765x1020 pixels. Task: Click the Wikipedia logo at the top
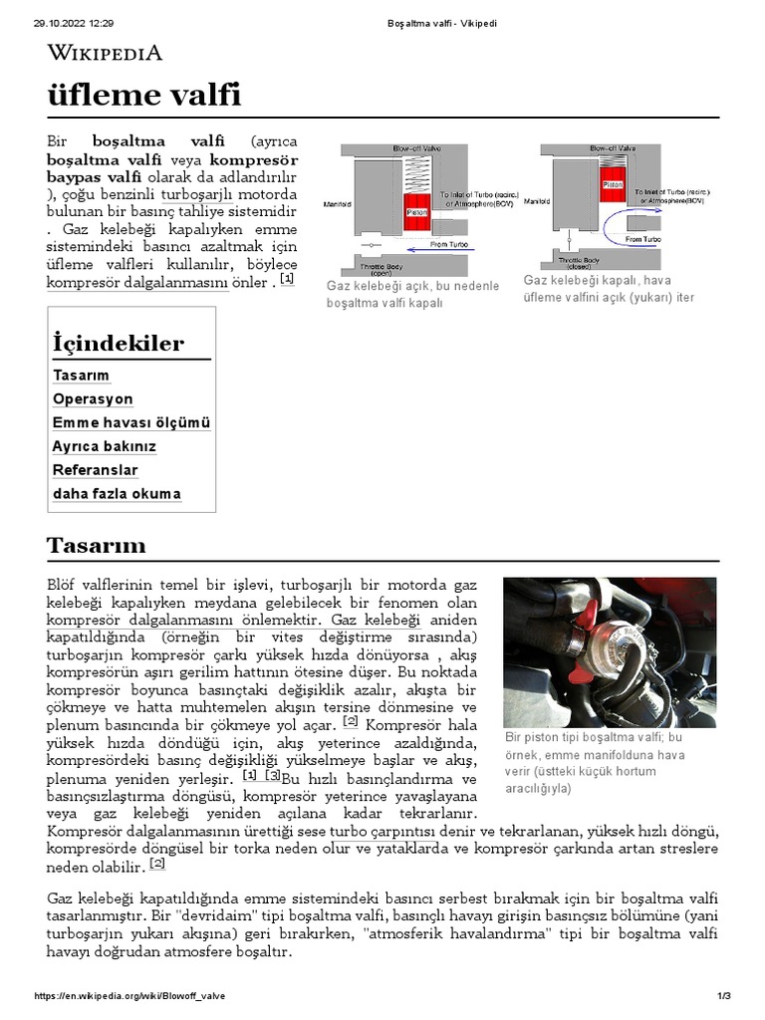click(x=105, y=54)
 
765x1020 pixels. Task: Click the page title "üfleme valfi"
click(x=144, y=96)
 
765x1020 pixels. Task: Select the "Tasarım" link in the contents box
click(x=81, y=376)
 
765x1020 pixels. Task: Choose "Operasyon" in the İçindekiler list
click(x=93, y=398)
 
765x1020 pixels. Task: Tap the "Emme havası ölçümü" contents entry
click(x=130, y=422)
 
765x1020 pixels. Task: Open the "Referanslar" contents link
click(x=95, y=470)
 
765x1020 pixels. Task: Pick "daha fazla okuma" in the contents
click(x=117, y=494)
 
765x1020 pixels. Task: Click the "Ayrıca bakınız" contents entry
click(x=104, y=446)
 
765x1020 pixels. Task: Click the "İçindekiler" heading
click(x=118, y=344)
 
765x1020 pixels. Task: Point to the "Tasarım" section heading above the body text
click(x=96, y=545)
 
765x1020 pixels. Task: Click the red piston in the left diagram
click(x=416, y=212)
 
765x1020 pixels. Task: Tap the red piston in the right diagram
click(x=614, y=185)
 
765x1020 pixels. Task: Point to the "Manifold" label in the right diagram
click(x=537, y=201)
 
